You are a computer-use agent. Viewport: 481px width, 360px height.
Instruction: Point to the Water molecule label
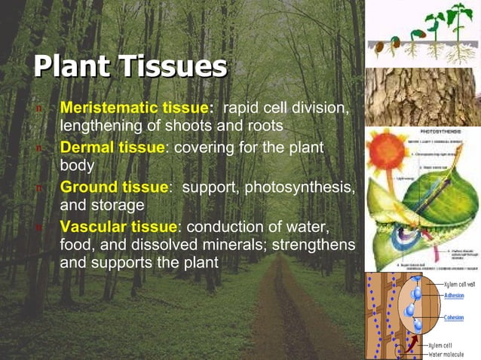tap(449, 354)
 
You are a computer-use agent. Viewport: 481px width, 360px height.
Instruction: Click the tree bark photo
tap(422, 96)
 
